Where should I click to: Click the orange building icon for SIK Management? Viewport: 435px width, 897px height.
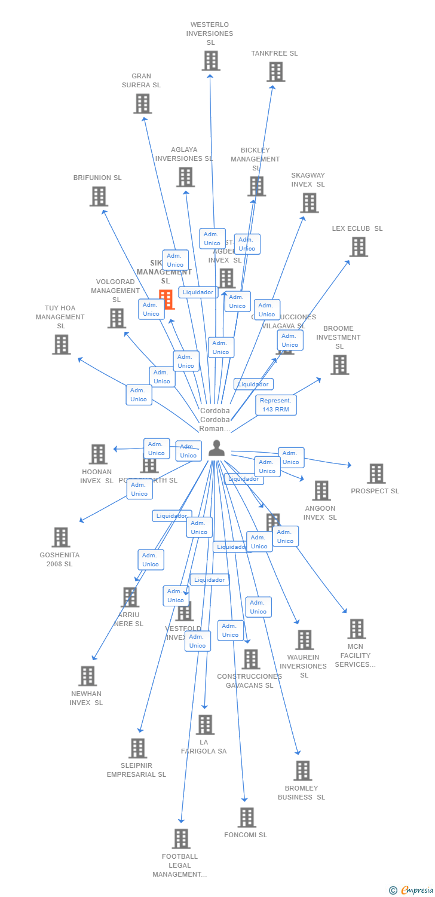click(x=166, y=299)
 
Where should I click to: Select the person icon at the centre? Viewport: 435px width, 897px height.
click(x=216, y=448)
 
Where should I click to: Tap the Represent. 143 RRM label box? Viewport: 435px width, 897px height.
click(x=275, y=405)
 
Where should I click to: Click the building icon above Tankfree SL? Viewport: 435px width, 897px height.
click(x=275, y=72)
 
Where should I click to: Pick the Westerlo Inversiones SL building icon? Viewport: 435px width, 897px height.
click(x=210, y=60)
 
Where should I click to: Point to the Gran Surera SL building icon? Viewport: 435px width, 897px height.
click(x=142, y=103)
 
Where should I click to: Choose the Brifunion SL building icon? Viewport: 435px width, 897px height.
click(x=99, y=196)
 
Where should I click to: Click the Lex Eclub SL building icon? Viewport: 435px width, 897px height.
click(x=358, y=246)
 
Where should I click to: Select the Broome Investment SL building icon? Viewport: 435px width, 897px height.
click(x=339, y=364)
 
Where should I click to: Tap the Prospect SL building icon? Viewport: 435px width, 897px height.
click(x=376, y=474)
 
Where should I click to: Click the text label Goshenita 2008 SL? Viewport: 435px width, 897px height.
click(x=60, y=559)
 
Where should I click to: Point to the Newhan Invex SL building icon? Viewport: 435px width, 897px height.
click(x=87, y=676)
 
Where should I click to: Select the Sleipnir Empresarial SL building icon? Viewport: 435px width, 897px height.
click(x=137, y=748)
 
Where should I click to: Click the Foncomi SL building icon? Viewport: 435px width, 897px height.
click(x=246, y=817)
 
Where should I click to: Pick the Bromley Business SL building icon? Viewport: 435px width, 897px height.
click(x=302, y=771)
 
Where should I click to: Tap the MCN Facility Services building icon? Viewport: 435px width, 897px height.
click(x=357, y=629)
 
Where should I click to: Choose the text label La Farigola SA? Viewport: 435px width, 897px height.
click(x=204, y=747)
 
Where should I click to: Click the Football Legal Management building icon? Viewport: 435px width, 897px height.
click(x=181, y=839)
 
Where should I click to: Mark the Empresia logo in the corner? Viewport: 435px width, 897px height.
click(x=412, y=890)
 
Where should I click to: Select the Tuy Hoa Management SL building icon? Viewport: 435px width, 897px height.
click(x=61, y=344)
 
